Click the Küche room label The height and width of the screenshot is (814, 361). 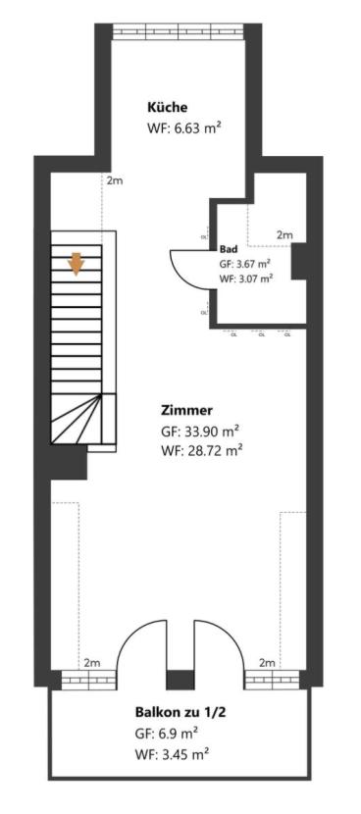[167, 107]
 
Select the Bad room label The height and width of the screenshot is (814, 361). [229, 249]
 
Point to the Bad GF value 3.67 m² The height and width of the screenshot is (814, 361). [245, 264]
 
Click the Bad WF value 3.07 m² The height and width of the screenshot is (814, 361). [245, 279]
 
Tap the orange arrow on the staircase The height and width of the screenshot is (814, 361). [77, 263]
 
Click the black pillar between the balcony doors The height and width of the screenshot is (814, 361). [180, 680]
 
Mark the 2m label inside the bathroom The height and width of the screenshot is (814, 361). [284, 235]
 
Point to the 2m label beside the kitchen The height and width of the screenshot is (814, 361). [114, 180]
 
